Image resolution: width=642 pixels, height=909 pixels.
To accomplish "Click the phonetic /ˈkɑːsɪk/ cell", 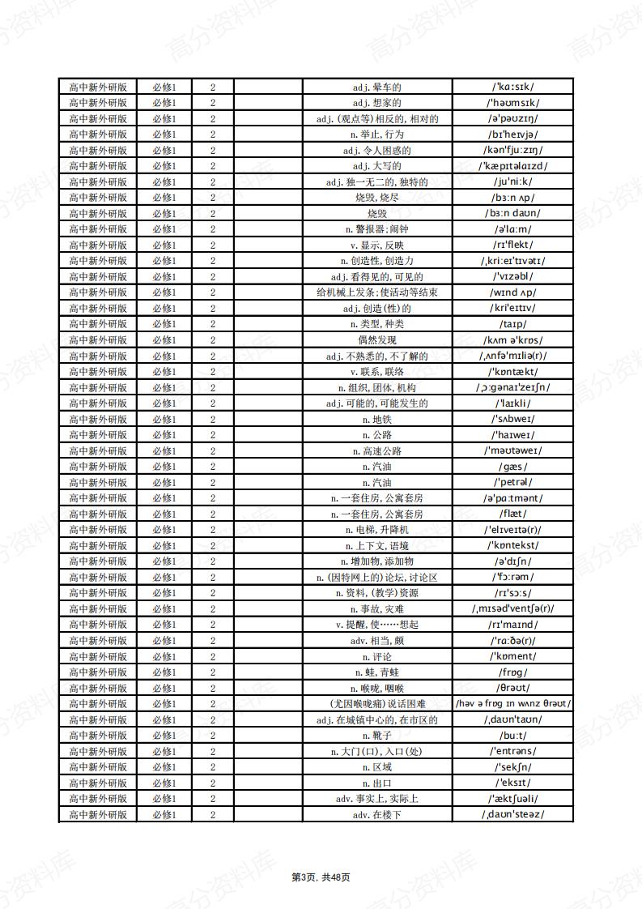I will pos(512,87).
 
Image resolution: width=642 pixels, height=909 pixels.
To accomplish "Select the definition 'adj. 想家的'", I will pos(376,103).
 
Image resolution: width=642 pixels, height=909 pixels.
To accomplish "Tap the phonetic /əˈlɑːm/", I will pos(512,229).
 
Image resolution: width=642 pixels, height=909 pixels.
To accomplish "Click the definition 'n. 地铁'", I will pos(376,419).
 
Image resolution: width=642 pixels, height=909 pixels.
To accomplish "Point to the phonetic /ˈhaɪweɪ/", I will pos(512,435).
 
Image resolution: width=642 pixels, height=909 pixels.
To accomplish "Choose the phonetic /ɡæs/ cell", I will pos(512,467).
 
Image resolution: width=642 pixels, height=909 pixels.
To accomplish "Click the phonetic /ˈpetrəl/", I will pos(512,482).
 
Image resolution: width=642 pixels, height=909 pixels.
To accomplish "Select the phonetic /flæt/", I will pos(512,514).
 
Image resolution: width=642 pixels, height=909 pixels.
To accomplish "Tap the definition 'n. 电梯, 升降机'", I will pos(376,530).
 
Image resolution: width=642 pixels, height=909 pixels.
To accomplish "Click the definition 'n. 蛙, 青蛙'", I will pos(376,672).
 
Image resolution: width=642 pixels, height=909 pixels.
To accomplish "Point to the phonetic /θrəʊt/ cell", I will pos(512,688).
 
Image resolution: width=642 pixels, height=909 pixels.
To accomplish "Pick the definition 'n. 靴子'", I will pos(376,736).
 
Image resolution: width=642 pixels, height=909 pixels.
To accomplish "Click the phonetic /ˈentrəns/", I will pos(512,751).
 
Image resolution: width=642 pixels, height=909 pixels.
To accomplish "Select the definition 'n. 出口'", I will pos(376,783).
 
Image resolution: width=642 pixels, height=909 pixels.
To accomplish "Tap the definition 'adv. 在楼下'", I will pos(376,814).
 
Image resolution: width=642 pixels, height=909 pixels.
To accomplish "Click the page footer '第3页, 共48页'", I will pos(321,877).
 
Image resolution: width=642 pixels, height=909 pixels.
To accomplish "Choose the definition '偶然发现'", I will pos(376,340).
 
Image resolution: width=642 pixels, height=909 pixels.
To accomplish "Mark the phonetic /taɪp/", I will pos(512,324).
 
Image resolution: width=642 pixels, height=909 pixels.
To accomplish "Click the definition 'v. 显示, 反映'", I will pos(376,245).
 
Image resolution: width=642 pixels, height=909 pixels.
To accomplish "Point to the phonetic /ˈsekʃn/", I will pos(512,767).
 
